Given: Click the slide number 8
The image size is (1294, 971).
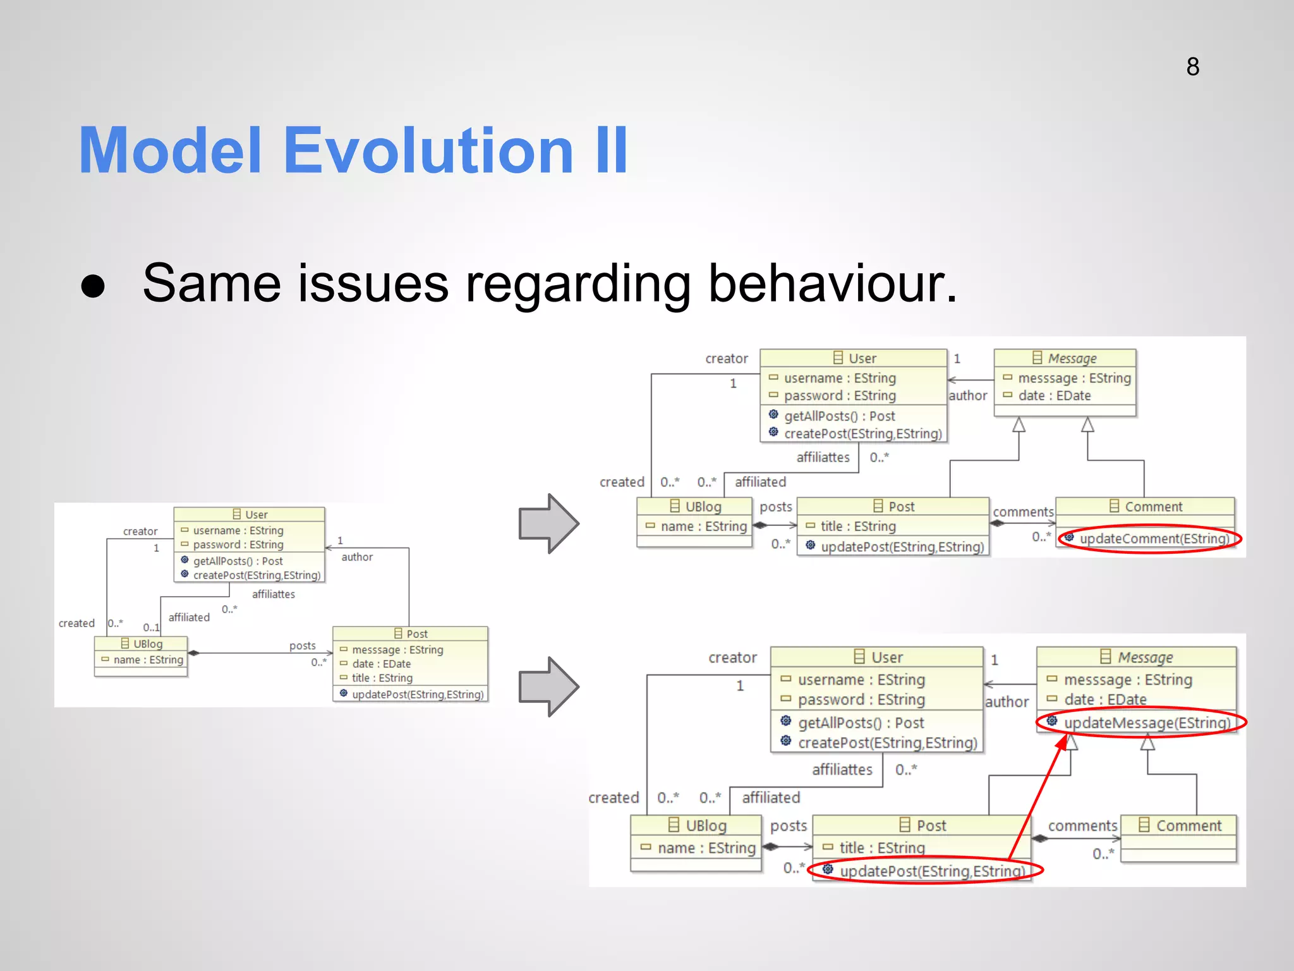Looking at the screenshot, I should pyautogui.click(x=1192, y=67).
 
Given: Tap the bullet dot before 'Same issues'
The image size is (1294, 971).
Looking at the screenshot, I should pyautogui.click(x=93, y=286).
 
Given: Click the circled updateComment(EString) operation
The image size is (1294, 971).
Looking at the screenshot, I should pyautogui.click(x=1154, y=539).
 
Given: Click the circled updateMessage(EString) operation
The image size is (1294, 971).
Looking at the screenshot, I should pyautogui.click(x=1147, y=723).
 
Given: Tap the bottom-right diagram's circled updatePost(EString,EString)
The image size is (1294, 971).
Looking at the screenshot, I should pyautogui.click(x=931, y=871).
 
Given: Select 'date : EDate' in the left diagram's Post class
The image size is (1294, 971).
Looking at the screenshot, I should pyautogui.click(x=381, y=664).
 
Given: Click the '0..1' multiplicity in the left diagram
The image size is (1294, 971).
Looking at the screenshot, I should pyautogui.click(x=150, y=627).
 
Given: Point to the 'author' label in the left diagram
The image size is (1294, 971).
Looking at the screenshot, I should pyautogui.click(x=357, y=557).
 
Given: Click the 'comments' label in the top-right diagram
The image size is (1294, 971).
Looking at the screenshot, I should pyautogui.click(x=1022, y=512).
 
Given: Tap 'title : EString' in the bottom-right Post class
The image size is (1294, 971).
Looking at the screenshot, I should pyautogui.click(x=881, y=848).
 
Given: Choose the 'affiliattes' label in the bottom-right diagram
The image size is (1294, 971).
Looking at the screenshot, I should pyautogui.click(x=842, y=769).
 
